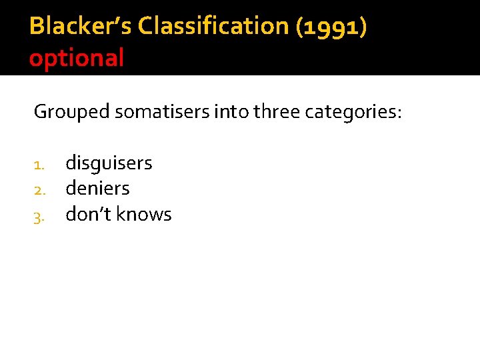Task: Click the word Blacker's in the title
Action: tap(81, 26)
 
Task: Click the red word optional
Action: tap(77, 58)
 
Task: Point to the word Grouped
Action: tap(71, 112)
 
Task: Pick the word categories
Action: tap(351, 112)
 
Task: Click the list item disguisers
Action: tap(109, 163)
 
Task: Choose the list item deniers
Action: tap(97, 189)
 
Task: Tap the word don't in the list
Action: tap(88, 214)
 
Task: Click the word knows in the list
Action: tap(143, 214)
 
